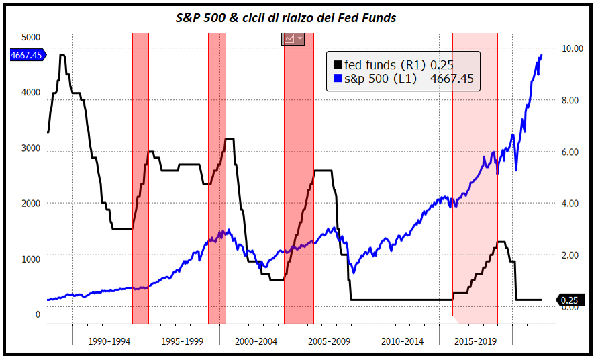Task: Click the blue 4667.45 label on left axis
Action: pos(27,56)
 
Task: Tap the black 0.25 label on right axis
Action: pos(570,300)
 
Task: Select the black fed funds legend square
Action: pos(338,65)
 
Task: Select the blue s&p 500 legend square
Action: pos(338,79)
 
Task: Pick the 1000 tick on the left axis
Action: pos(31,259)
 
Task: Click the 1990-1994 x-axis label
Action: pos(109,341)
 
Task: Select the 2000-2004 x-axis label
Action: pos(256,341)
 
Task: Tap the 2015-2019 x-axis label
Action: pos(475,341)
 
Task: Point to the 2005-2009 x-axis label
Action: pos(329,341)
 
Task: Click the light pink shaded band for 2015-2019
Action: pos(475,134)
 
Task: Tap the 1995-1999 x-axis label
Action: pos(183,341)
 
